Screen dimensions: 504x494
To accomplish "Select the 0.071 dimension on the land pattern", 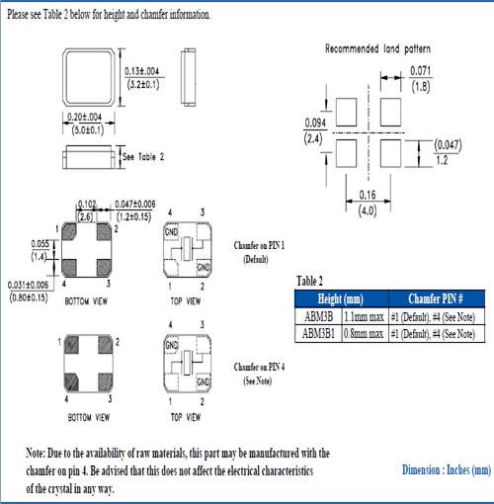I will click(x=420, y=71).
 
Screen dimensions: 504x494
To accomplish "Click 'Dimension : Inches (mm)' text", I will click(x=446, y=470).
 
